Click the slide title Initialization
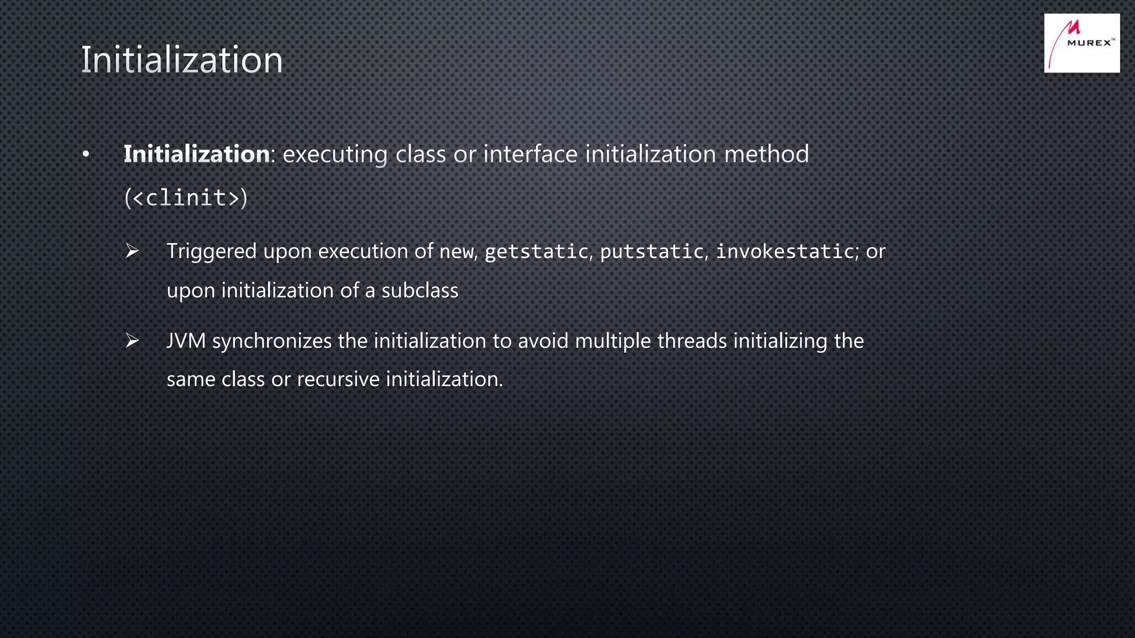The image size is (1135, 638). coord(182,60)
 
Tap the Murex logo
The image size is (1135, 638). coord(1081,43)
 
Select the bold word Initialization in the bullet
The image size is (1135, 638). coord(196,154)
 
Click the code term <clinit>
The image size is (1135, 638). coord(186,198)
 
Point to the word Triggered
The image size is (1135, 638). coord(212,251)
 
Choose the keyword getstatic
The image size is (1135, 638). coord(536,252)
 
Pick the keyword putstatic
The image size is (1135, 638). coord(652,252)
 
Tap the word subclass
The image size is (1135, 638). coord(420,290)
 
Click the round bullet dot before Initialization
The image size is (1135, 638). coord(85,155)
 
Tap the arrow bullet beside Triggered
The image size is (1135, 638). coord(132,251)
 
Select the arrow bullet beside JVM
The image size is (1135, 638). coord(132,341)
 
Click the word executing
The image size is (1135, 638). coord(335,155)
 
